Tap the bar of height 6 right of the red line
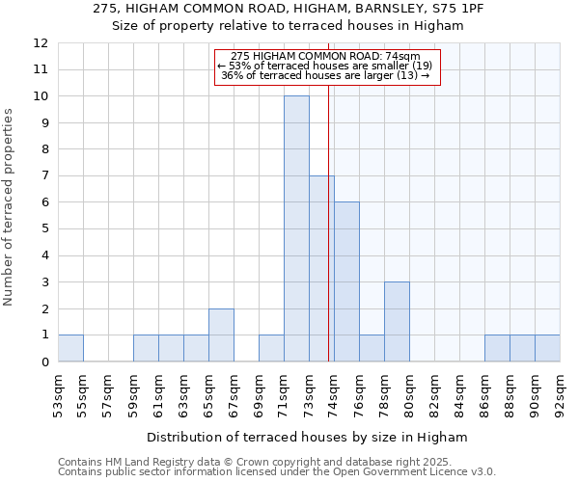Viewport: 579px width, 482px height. click(346, 281)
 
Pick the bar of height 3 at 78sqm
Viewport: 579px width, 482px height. click(397, 321)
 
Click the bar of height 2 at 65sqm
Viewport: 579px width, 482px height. click(221, 335)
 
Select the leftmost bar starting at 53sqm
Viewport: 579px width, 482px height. click(70, 348)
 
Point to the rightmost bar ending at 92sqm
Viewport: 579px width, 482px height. click(547, 348)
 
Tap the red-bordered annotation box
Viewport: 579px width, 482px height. click(326, 67)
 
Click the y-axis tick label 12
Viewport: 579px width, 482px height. click(41, 43)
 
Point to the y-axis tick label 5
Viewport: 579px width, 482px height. click(44, 229)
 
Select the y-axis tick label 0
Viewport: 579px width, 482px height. click(44, 362)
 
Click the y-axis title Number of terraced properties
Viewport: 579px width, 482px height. click(9, 206)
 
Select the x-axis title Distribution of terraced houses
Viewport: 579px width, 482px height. click(307, 437)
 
